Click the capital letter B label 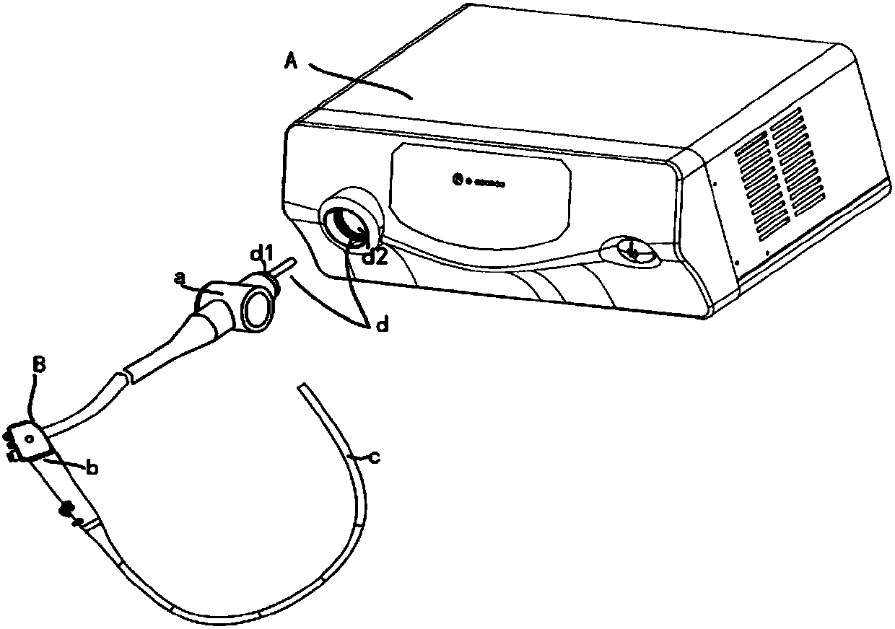pos(40,366)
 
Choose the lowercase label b pos(92,468)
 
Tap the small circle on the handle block pos(29,439)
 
